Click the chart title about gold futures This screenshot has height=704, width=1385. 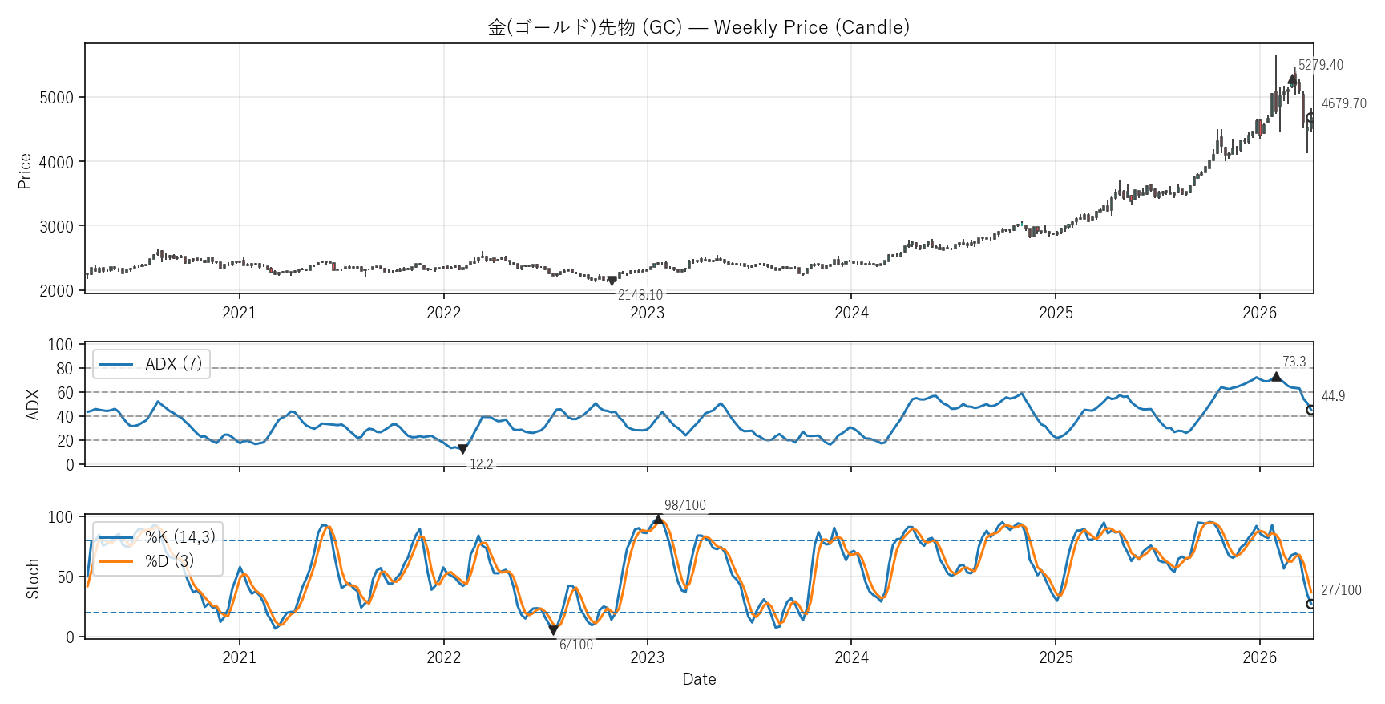coord(698,27)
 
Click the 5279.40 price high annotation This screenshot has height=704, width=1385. coord(1320,65)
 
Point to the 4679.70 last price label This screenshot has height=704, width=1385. coord(1343,103)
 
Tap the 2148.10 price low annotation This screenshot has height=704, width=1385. coord(640,295)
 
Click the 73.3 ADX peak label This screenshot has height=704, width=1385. coord(1294,362)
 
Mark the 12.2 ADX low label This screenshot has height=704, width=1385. coord(481,464)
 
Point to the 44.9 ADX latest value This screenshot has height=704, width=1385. coord(1333,396)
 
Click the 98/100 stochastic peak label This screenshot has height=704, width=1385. coord(684,505)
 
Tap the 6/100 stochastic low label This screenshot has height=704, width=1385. coord(575,645)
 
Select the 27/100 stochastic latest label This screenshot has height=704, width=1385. coord(1340,590)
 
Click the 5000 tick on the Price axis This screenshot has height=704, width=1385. coord(56,98)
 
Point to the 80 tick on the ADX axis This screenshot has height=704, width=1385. coord(64,369)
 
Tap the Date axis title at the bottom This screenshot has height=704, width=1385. coord(699,679)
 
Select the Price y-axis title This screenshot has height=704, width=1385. coord(25,171)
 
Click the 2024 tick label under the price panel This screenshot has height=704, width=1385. coord(851,313)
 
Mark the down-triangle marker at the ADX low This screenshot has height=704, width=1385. coord(462,449)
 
